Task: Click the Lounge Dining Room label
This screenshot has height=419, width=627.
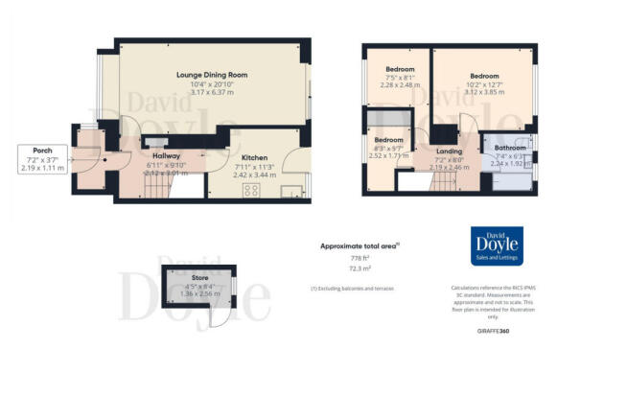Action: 212,74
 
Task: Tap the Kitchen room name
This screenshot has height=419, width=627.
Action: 254,158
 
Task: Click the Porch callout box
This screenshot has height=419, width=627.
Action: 42,157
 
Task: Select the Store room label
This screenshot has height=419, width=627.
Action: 199,277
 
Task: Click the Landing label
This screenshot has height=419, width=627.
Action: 449,151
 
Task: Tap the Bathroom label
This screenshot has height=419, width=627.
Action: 509,149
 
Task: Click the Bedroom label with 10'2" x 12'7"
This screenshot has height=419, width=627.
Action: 484,76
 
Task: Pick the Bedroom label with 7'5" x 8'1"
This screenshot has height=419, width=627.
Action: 400,70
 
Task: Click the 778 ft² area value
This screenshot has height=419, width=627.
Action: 360,259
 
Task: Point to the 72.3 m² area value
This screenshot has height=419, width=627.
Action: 360,270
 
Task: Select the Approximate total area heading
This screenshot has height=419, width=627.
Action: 359,246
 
